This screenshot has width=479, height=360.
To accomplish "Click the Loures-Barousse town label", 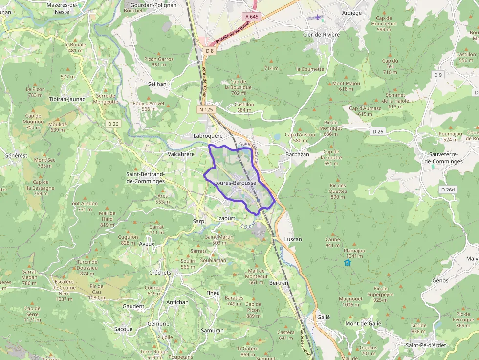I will (235, 183).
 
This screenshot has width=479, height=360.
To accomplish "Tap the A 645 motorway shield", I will (251, 17).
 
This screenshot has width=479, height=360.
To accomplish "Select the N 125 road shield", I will (206, 110).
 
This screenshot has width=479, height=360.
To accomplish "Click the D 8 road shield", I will (210, 51).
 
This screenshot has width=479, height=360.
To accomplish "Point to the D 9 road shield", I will (437, 75).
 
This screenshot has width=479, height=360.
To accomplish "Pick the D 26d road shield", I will (447, 190).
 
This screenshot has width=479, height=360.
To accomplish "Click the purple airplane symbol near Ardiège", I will (318, 18).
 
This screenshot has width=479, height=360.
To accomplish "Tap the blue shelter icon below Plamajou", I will (348, 263).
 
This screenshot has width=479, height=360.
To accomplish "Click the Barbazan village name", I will (297, 154).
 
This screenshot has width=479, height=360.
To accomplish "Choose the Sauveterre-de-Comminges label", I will (443, 158).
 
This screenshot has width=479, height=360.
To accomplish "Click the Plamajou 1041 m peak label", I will (354, 253).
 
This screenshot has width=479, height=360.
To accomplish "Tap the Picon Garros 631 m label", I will (159, 62).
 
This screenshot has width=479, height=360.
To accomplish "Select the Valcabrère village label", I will (181, 154).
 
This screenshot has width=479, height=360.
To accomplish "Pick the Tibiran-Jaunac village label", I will (67, 99).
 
